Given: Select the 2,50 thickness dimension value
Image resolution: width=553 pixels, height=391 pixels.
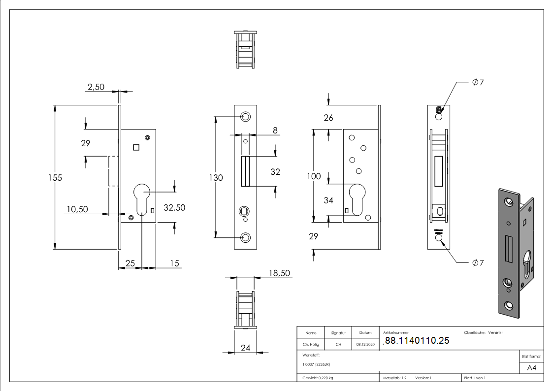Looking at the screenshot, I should click(96, 87).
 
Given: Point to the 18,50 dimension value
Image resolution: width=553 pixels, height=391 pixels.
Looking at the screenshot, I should click(279, 273).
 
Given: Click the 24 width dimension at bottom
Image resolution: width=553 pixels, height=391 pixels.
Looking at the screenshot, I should click(245, 348).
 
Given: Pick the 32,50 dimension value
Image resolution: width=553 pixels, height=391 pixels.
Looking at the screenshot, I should click(174, 208).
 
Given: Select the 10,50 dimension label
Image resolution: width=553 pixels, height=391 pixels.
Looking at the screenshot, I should click(76, 209).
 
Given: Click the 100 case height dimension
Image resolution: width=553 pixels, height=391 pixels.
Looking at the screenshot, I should click(313, 176).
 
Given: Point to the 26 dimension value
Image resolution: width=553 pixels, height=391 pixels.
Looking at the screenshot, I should click(328, 118).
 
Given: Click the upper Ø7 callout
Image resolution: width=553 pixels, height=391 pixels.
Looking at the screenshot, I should click(478, 83).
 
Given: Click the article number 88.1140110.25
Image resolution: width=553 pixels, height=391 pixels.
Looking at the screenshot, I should click(417, 340).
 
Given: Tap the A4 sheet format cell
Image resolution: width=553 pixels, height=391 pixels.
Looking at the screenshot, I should click(532, 368).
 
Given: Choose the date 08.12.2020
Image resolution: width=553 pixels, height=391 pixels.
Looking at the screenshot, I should click(365, 345).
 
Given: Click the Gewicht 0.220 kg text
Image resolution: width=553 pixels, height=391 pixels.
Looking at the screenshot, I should click(318, 378).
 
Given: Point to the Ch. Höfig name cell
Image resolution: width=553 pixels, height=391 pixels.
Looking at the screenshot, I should click(311, 345).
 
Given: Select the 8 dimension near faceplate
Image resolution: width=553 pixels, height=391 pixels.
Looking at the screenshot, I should click(275, 130).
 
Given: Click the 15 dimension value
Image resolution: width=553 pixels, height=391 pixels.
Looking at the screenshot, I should click(175, 264).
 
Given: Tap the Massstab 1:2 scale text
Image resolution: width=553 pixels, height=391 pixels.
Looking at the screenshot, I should click(395, 378).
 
